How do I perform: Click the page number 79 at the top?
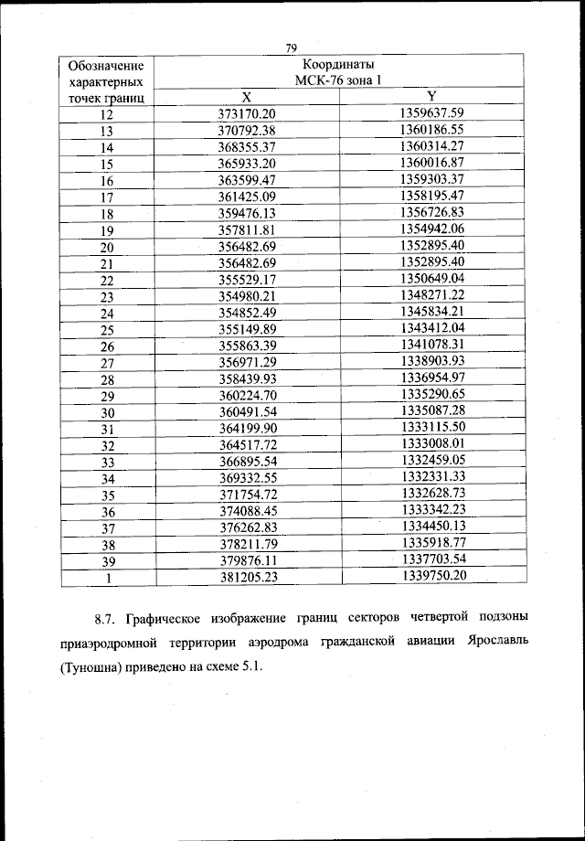[x=292, y=48]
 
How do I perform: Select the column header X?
[x=246, y=97]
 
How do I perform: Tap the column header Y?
[x=431, y=97]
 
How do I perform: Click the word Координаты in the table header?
[x=336, y=65]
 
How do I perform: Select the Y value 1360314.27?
[x=432, y=145]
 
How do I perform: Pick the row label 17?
[x=107, y=197]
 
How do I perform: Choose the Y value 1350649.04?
[x=432, y=278]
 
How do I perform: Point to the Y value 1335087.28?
[x=432, y=411]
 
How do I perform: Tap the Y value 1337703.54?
[x=432, y=559]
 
